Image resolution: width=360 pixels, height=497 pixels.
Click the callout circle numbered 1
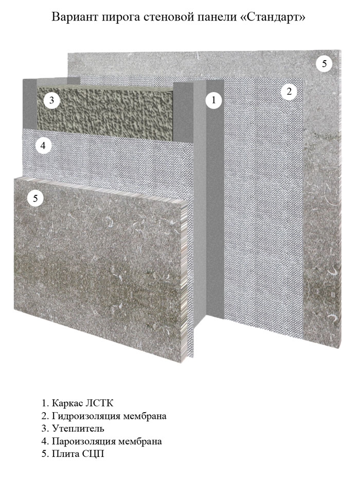(213, 100)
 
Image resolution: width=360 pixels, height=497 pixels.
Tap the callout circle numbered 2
(289, 92)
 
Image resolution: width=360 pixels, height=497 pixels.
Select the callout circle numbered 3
(51, 101)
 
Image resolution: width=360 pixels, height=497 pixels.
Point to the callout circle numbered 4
(43, 146)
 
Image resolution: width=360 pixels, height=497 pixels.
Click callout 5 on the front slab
(35, 199)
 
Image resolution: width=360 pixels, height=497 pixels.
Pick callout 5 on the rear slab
(324, 64)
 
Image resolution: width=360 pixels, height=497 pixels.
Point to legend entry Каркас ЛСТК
(77, 403)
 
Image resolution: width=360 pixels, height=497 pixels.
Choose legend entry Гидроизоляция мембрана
(104, 416)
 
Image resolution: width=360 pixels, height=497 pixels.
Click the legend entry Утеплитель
(73, 429)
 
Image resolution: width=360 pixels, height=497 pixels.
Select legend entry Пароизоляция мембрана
(101, 441)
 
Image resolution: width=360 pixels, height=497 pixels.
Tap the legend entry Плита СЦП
(73, 454)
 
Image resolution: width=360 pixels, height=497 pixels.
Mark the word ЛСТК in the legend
(99, 403)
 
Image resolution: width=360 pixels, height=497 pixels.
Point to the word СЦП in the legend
(94, 454)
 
